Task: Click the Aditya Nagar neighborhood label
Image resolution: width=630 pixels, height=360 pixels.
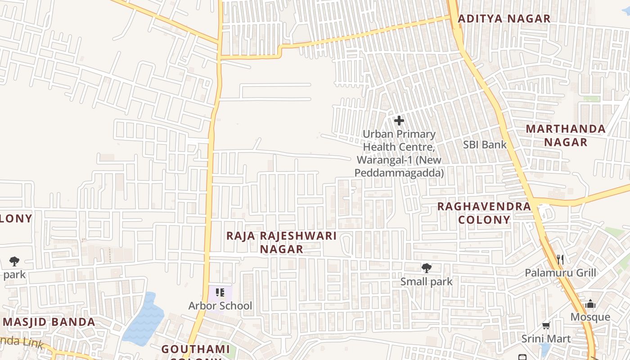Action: (504, 19)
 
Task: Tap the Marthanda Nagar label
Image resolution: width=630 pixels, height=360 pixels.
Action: (566, 135)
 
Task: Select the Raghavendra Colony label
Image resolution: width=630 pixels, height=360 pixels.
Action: (484, 213)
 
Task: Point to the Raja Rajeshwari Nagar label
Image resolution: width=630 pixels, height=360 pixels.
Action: (282, 242)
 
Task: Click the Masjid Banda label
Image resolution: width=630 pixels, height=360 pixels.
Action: (49, 322)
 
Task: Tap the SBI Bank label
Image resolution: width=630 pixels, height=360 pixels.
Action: (485, 145)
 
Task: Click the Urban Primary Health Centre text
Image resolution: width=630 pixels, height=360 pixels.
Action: (399, 153)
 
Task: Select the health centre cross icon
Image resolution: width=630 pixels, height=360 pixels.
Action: (399, 121)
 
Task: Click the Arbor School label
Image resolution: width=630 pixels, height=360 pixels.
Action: (220, 306)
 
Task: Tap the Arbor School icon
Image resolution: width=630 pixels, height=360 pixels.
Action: (220, 293)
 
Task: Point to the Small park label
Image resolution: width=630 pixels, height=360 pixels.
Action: (427, 282)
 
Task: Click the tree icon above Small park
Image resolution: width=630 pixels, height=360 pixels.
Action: (426, 269)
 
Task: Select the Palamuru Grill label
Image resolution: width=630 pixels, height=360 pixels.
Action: (561, 273)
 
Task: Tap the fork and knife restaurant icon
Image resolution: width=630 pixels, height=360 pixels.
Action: (560, 259)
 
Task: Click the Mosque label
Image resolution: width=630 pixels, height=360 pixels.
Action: (590, 317)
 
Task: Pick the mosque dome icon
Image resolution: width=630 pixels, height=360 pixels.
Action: (590, 304)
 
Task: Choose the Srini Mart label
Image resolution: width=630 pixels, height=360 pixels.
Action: (546, 339)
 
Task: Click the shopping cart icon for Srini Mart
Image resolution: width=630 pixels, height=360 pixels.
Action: (546, 325)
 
